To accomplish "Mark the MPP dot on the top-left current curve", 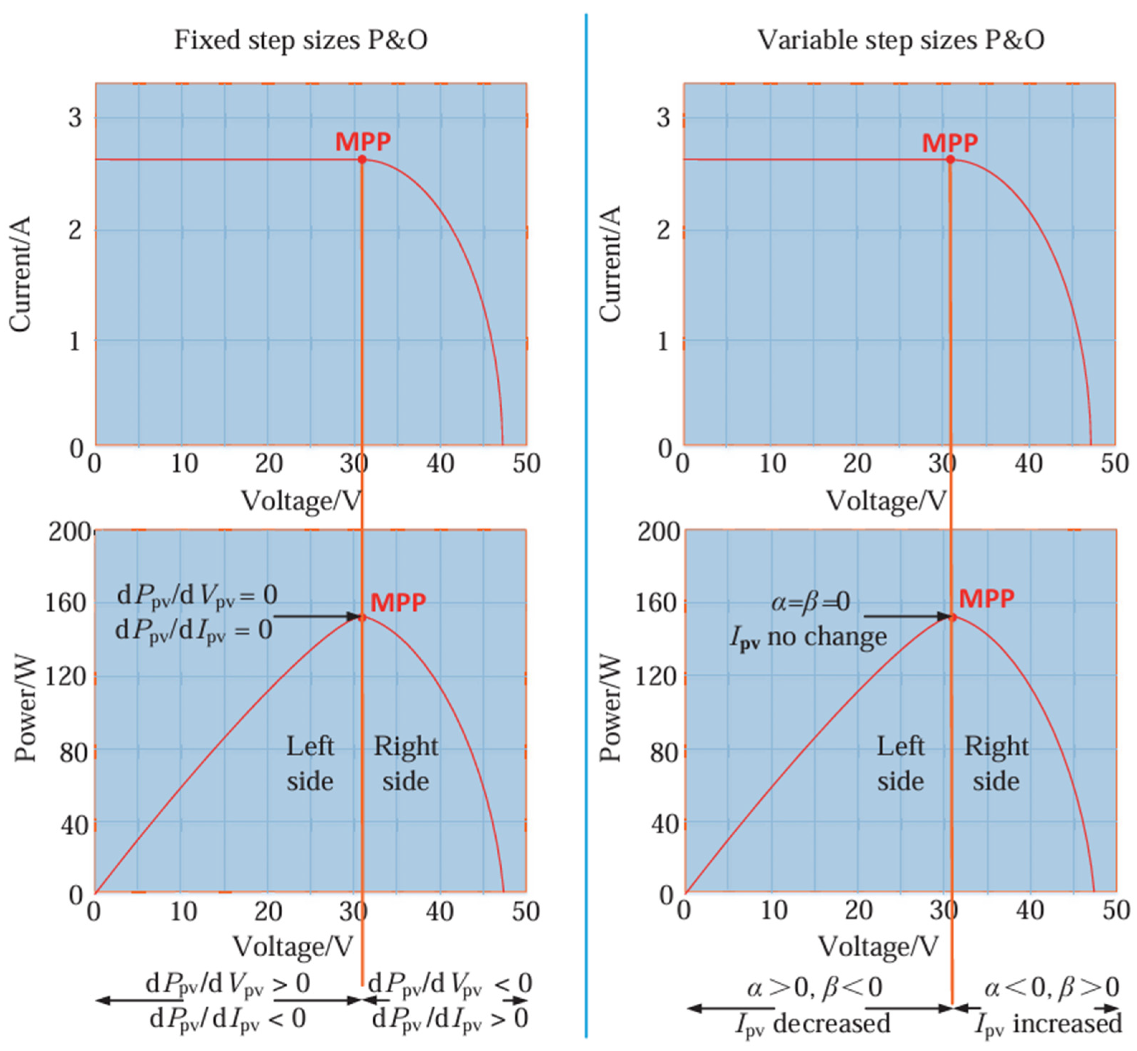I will [362, 160].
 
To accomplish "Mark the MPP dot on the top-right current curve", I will [950, 160].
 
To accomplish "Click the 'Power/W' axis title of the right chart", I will [610, 708].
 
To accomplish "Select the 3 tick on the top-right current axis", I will [663, 118].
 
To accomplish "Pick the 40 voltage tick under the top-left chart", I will [440, 464].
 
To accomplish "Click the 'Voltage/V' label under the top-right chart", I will [885, 501].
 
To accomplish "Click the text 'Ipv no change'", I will [808, 637].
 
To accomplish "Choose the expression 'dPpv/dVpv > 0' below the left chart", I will [228, 983].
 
